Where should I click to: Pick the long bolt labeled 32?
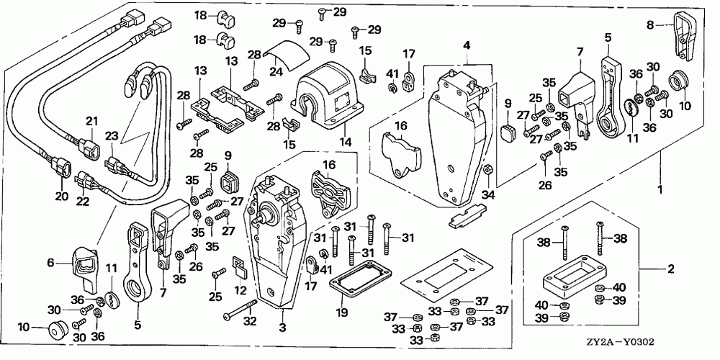pyautogui.click(x=240, y=310)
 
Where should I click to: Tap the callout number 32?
pyautogui.click(x=249, y=322)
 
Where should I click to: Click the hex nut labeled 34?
pyautogui.click(x=488, y=169)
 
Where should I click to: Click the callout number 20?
pyautogui.click(x=61, y=196)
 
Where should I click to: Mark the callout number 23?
pyautogui.click(x=112, y=136)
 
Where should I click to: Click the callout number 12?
pyautogui.click(x=240, y=291)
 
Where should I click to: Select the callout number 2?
pyautogui.click(x=671, y=269)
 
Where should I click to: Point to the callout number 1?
pyautogui.click(x=660, y=189)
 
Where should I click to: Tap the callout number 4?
pyautogui.click(x=467, y=45)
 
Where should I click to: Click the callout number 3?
pyautogui.click(x=283, y=328)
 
